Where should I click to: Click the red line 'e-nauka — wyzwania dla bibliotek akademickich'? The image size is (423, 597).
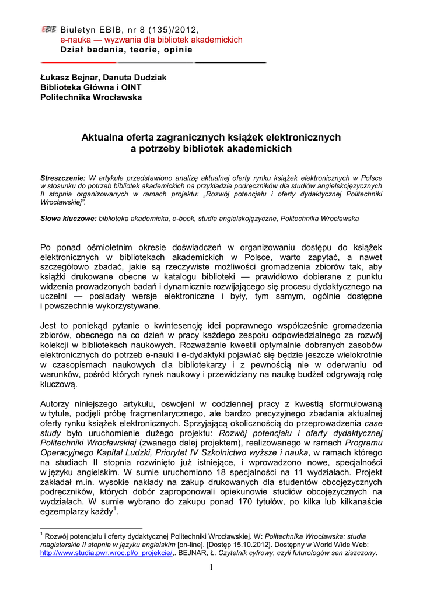click(x=151, y=40)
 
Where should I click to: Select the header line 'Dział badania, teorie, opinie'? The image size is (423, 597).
click(x=126, y=50)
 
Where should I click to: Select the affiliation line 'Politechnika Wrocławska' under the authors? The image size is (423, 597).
click(x=90, y=97)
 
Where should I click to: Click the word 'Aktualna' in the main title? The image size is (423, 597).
click(x=100, y=138)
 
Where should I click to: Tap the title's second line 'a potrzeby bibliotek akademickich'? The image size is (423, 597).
click(x=210, y=149)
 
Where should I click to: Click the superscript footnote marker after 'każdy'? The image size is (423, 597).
click(x=115, y=509)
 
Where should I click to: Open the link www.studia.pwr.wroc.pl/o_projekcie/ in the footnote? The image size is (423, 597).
click(x=106, y=553)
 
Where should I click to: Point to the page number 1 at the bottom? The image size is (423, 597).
click(x=211, y=568)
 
